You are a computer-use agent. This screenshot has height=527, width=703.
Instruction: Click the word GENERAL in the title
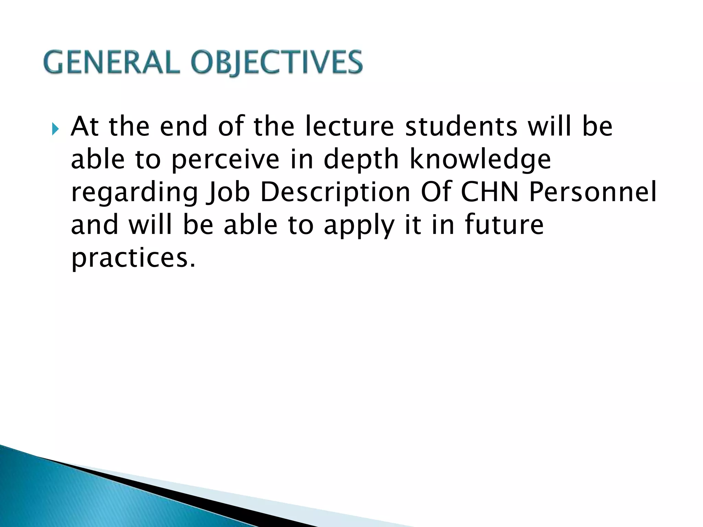112,62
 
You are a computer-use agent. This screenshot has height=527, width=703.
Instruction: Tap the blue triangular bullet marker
55,129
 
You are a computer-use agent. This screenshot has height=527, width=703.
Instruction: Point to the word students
461,126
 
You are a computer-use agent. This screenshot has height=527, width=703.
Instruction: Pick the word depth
361,160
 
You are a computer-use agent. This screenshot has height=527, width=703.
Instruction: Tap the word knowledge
481,160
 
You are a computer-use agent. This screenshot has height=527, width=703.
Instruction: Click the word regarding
135,192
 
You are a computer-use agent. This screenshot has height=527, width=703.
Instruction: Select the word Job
228,192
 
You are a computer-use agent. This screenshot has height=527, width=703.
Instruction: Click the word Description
335,192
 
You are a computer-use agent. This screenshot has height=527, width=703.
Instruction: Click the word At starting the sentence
85,126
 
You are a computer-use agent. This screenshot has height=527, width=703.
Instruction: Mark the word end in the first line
184,126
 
